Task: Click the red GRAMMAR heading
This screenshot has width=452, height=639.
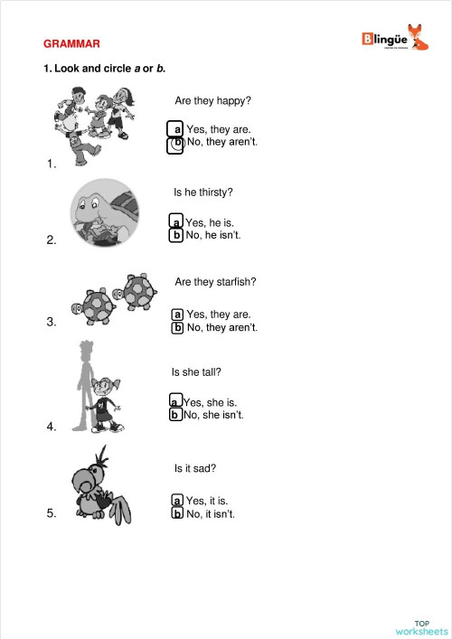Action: coord(71,43)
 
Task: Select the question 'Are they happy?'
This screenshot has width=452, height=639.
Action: coord(212,100)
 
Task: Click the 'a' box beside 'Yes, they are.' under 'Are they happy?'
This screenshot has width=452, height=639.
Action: coord(177,129)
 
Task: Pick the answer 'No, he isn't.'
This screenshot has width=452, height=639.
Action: coord(212,235)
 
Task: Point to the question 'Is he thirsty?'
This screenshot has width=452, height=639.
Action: coord(202,193)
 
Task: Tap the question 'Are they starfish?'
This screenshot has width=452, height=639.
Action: coord(215,282)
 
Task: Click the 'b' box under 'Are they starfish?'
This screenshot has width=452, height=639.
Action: coord(178,327)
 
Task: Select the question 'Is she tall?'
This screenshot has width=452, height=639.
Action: coord(196,371)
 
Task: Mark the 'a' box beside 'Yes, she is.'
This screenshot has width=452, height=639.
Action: coord(175,401)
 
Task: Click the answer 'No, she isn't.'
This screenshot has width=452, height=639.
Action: coord(213,415)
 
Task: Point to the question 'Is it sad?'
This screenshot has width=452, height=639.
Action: coord(194,468)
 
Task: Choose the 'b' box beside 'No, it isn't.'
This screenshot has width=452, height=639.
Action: coord(177,513)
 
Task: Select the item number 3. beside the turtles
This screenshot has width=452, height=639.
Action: coord(52,321)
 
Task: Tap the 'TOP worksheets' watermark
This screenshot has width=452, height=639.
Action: coord(421,627)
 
